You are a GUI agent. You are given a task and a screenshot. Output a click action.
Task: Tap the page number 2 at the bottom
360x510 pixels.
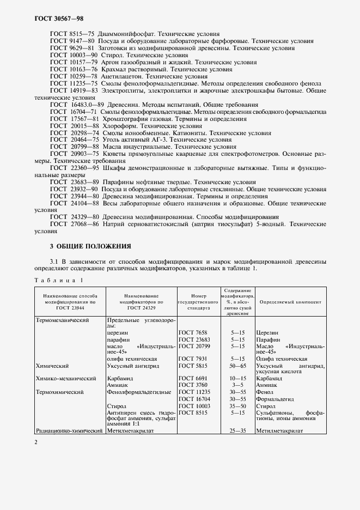[36, 442]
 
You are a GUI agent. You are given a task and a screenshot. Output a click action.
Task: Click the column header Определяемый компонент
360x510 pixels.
[290, 301]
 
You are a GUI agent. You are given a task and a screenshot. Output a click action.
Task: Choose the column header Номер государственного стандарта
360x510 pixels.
[198, 301]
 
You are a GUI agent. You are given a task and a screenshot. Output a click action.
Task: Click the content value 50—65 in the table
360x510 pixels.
[237, 366]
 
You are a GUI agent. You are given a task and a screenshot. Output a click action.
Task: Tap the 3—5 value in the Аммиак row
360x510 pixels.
[237, 385]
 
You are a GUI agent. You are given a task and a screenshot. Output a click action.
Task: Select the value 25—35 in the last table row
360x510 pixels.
[237, 430]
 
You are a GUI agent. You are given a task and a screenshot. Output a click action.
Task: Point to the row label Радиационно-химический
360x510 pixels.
[69, 430]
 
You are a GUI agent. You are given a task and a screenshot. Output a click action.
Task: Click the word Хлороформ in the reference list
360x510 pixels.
[115, 126]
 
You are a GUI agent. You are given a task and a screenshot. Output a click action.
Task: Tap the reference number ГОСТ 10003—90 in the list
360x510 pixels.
[74, 55]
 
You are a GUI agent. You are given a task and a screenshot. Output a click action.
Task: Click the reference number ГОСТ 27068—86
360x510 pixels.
[74, 223]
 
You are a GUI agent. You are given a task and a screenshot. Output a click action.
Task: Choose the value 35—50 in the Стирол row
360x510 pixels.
[237, 406]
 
